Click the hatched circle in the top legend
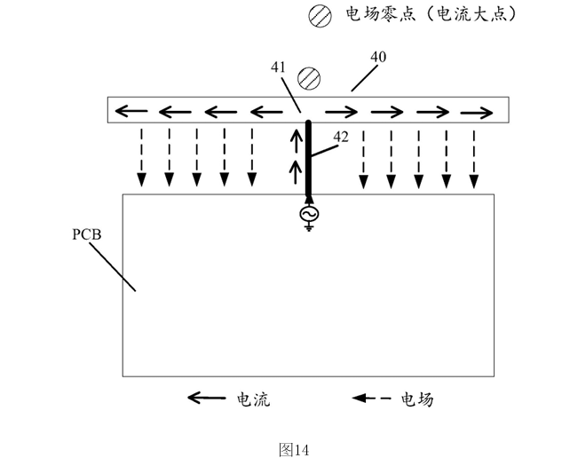319,15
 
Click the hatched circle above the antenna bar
309,79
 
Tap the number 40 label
377,58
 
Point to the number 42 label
342,136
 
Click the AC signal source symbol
309,215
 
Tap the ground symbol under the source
309,228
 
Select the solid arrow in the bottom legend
206,399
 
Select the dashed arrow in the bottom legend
372,399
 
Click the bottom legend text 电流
252,399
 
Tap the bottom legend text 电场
417,399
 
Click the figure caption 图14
294,449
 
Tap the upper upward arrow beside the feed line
297,140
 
